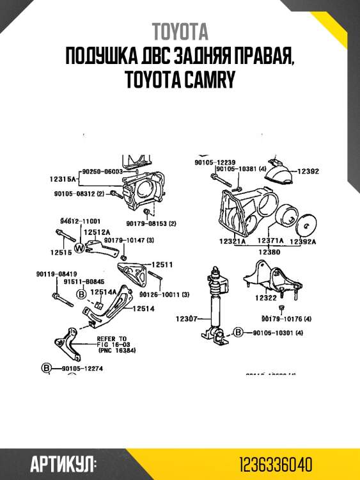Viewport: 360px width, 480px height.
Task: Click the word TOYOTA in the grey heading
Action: pos(180,32)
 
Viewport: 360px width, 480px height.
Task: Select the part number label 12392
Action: pos(308,172)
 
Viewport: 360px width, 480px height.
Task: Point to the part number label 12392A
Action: pos(303,242)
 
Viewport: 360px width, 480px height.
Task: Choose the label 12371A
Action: pos(270,242)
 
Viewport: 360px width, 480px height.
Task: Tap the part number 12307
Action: pos(186,317)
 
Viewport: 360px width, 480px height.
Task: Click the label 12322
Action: pos(266,298)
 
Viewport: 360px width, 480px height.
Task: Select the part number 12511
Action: pos(162,264)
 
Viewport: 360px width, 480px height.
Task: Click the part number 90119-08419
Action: pos(56,274)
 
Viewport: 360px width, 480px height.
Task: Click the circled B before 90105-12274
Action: pos(46,368)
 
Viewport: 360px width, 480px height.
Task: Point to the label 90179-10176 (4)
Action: pos(286,319)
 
